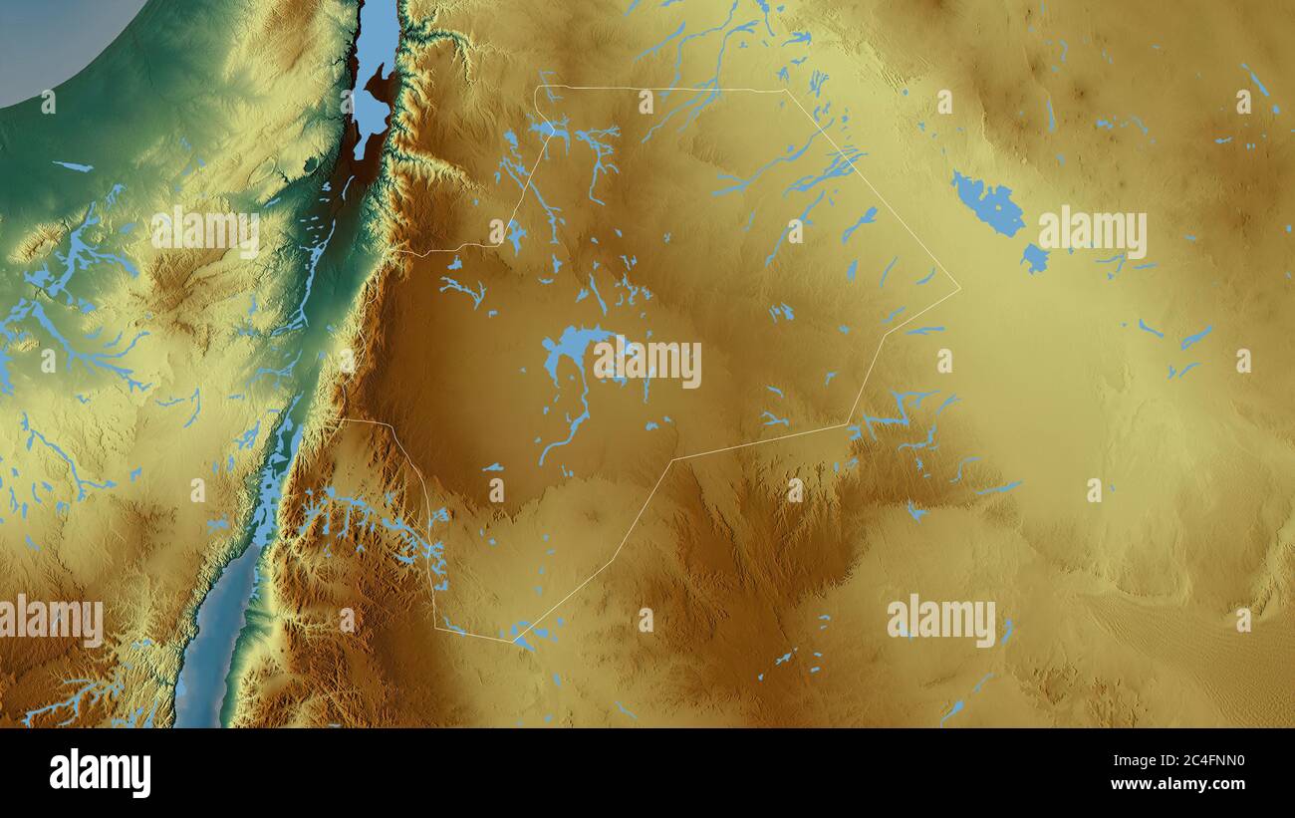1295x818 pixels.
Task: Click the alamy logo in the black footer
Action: (x=100, y=773)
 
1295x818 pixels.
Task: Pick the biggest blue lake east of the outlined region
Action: (x=988, y=204)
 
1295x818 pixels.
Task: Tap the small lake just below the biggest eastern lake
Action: (x=1034, y=259)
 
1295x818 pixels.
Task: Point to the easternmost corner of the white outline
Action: (x=959, y=290)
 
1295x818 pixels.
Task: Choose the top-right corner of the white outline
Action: (x=785, y=91)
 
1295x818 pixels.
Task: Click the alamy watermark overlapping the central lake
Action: (x=647, y=364)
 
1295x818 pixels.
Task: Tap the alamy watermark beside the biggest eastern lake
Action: (x=1092, y=233)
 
